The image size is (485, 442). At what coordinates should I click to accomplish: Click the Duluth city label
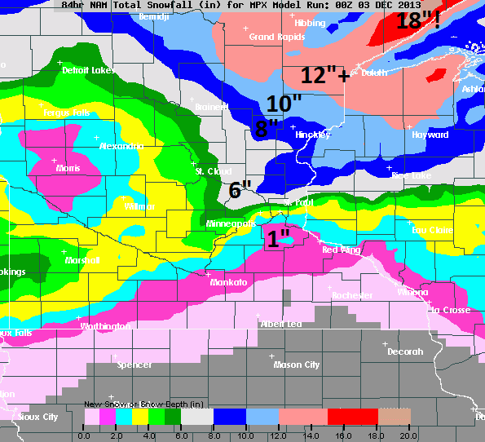(375, 73)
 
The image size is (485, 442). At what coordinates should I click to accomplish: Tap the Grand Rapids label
(273, 38)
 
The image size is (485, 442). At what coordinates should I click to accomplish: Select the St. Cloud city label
(214, 171)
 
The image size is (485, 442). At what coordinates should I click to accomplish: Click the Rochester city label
(353, 295)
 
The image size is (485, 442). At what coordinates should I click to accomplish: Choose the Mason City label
(297, 365)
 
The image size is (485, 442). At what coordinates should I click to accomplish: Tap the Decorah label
(405, 351)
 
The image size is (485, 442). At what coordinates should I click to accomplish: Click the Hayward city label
(430, 135)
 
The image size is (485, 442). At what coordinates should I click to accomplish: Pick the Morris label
(68, 168)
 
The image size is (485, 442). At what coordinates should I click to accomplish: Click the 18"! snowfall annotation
(418, 20)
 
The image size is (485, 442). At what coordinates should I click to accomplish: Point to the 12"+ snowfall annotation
(325, 75)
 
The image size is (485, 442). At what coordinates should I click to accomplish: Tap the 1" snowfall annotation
(279, 239)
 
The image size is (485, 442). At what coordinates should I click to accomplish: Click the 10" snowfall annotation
(284, 104)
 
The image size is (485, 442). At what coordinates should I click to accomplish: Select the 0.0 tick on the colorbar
(84, 435)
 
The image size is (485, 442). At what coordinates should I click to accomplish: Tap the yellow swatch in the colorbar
(140, 417)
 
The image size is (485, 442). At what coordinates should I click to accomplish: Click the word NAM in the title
(97, 4)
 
